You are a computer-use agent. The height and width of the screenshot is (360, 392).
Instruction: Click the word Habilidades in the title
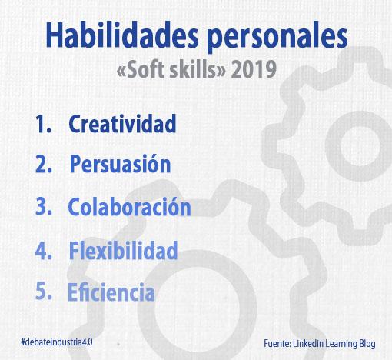[x=122, y=35]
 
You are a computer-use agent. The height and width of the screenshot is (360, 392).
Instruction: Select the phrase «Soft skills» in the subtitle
[x=171, y=69]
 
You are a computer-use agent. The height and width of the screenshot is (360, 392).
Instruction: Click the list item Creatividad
[x=122, y=124]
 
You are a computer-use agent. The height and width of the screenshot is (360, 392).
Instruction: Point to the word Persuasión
[x=120, y=164]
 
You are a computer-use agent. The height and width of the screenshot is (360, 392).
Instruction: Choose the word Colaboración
[x=129, y=207]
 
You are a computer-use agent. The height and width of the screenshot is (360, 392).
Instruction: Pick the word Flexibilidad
[x=123, y=250]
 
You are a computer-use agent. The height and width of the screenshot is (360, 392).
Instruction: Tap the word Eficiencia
[x=111, y=292]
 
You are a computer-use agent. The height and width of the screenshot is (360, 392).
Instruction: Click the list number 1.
[x=43, y=124]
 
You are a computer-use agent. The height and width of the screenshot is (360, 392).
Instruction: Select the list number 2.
[x=44, y=164]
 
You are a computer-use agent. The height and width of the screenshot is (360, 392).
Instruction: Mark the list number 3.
[x=44, y=207]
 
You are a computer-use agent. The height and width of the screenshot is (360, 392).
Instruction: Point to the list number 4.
[x=44, y=250]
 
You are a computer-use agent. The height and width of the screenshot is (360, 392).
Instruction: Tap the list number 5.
[x=44, y=291]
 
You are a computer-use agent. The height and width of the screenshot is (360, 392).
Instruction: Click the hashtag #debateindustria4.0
[x=57, y=342]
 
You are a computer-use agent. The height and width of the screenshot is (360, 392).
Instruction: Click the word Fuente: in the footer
[x=277, y=343]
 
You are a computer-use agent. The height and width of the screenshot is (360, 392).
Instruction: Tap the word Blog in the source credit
[x=367, y=344]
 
